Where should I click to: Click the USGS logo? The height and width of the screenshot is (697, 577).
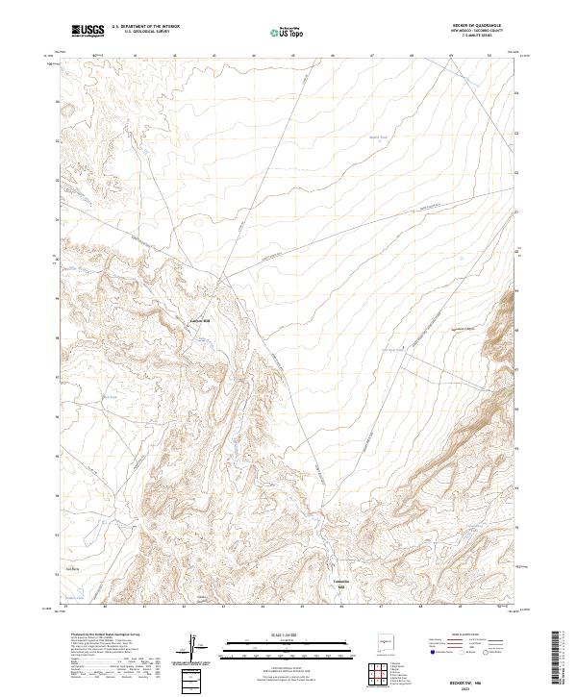click(x=87, y=32)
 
